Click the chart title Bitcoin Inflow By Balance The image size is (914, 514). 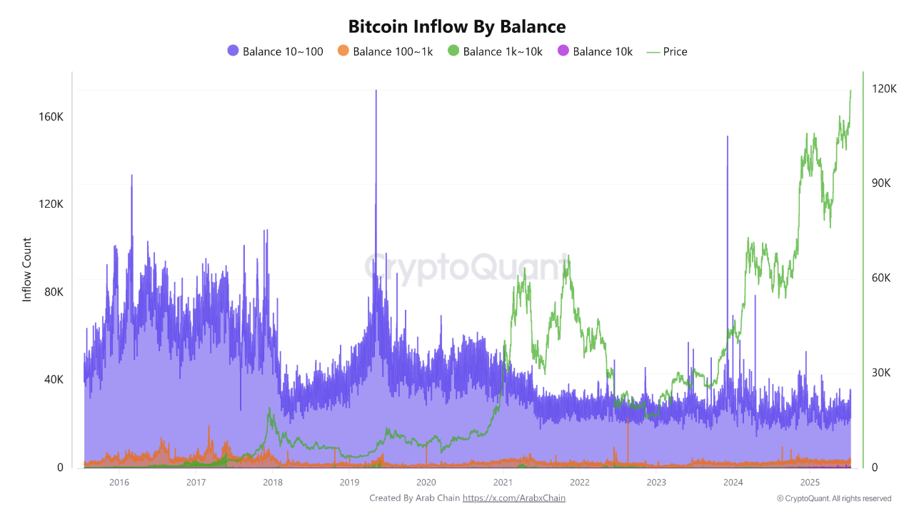pos(457,27)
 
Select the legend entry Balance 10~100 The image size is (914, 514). pos(275,51)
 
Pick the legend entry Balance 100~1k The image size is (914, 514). pos(385,51)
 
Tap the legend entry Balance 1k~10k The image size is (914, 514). pos(495,51)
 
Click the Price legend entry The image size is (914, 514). pos(667,51)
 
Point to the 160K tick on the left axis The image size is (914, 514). pos(50,116)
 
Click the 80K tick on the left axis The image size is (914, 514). pos(51,292)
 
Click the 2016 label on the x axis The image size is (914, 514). pos(119,482)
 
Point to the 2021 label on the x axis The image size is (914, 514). pos(503,482)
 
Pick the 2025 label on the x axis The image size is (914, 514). pos(810,482)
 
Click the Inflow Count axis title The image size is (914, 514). pos(27,270)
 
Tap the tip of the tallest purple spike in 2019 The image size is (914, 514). pos(376,91)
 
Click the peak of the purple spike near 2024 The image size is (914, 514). pos(728,136)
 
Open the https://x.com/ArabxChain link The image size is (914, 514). pos(514,498)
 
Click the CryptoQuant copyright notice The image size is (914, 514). pos(834,498)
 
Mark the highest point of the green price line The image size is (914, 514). pos(850,91)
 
